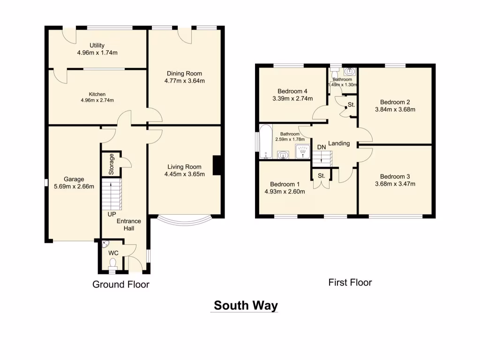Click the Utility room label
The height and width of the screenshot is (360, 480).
(97, 45)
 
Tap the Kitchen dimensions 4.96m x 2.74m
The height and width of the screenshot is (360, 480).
(97, 100)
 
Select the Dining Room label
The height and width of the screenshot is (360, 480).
(185, 73)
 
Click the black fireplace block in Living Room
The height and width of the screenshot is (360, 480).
(217, 165)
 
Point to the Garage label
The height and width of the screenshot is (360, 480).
(74, 179)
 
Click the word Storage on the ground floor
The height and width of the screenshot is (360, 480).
(111, 165)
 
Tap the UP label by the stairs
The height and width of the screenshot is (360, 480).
(112, 214)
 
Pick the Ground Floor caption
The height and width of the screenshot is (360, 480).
(120, 284)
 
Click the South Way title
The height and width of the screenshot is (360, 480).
(246, 306)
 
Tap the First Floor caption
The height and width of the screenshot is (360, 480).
(350, 282)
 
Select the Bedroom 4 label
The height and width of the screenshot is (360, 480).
(293, 91)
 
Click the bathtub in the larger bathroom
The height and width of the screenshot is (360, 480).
(265, 142)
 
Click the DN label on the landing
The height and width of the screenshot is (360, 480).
(322, 147)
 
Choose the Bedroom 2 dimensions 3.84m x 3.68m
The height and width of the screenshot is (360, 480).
(395, 110)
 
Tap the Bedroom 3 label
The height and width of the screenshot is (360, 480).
(395, 176)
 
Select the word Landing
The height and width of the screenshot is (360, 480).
(339, 143)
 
